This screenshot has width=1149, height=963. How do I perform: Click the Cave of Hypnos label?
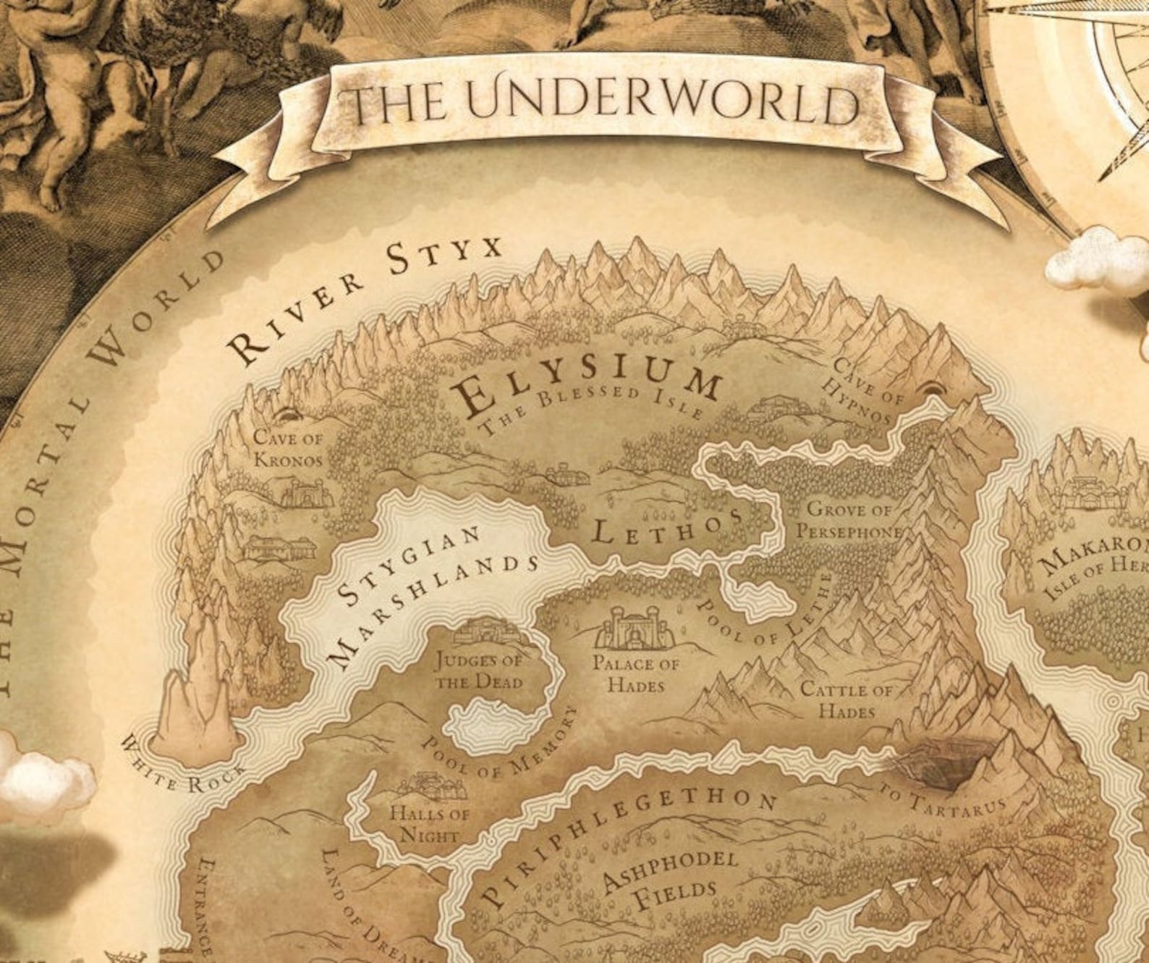pos(860,390)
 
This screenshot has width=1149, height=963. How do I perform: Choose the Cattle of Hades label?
pos(846,700)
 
